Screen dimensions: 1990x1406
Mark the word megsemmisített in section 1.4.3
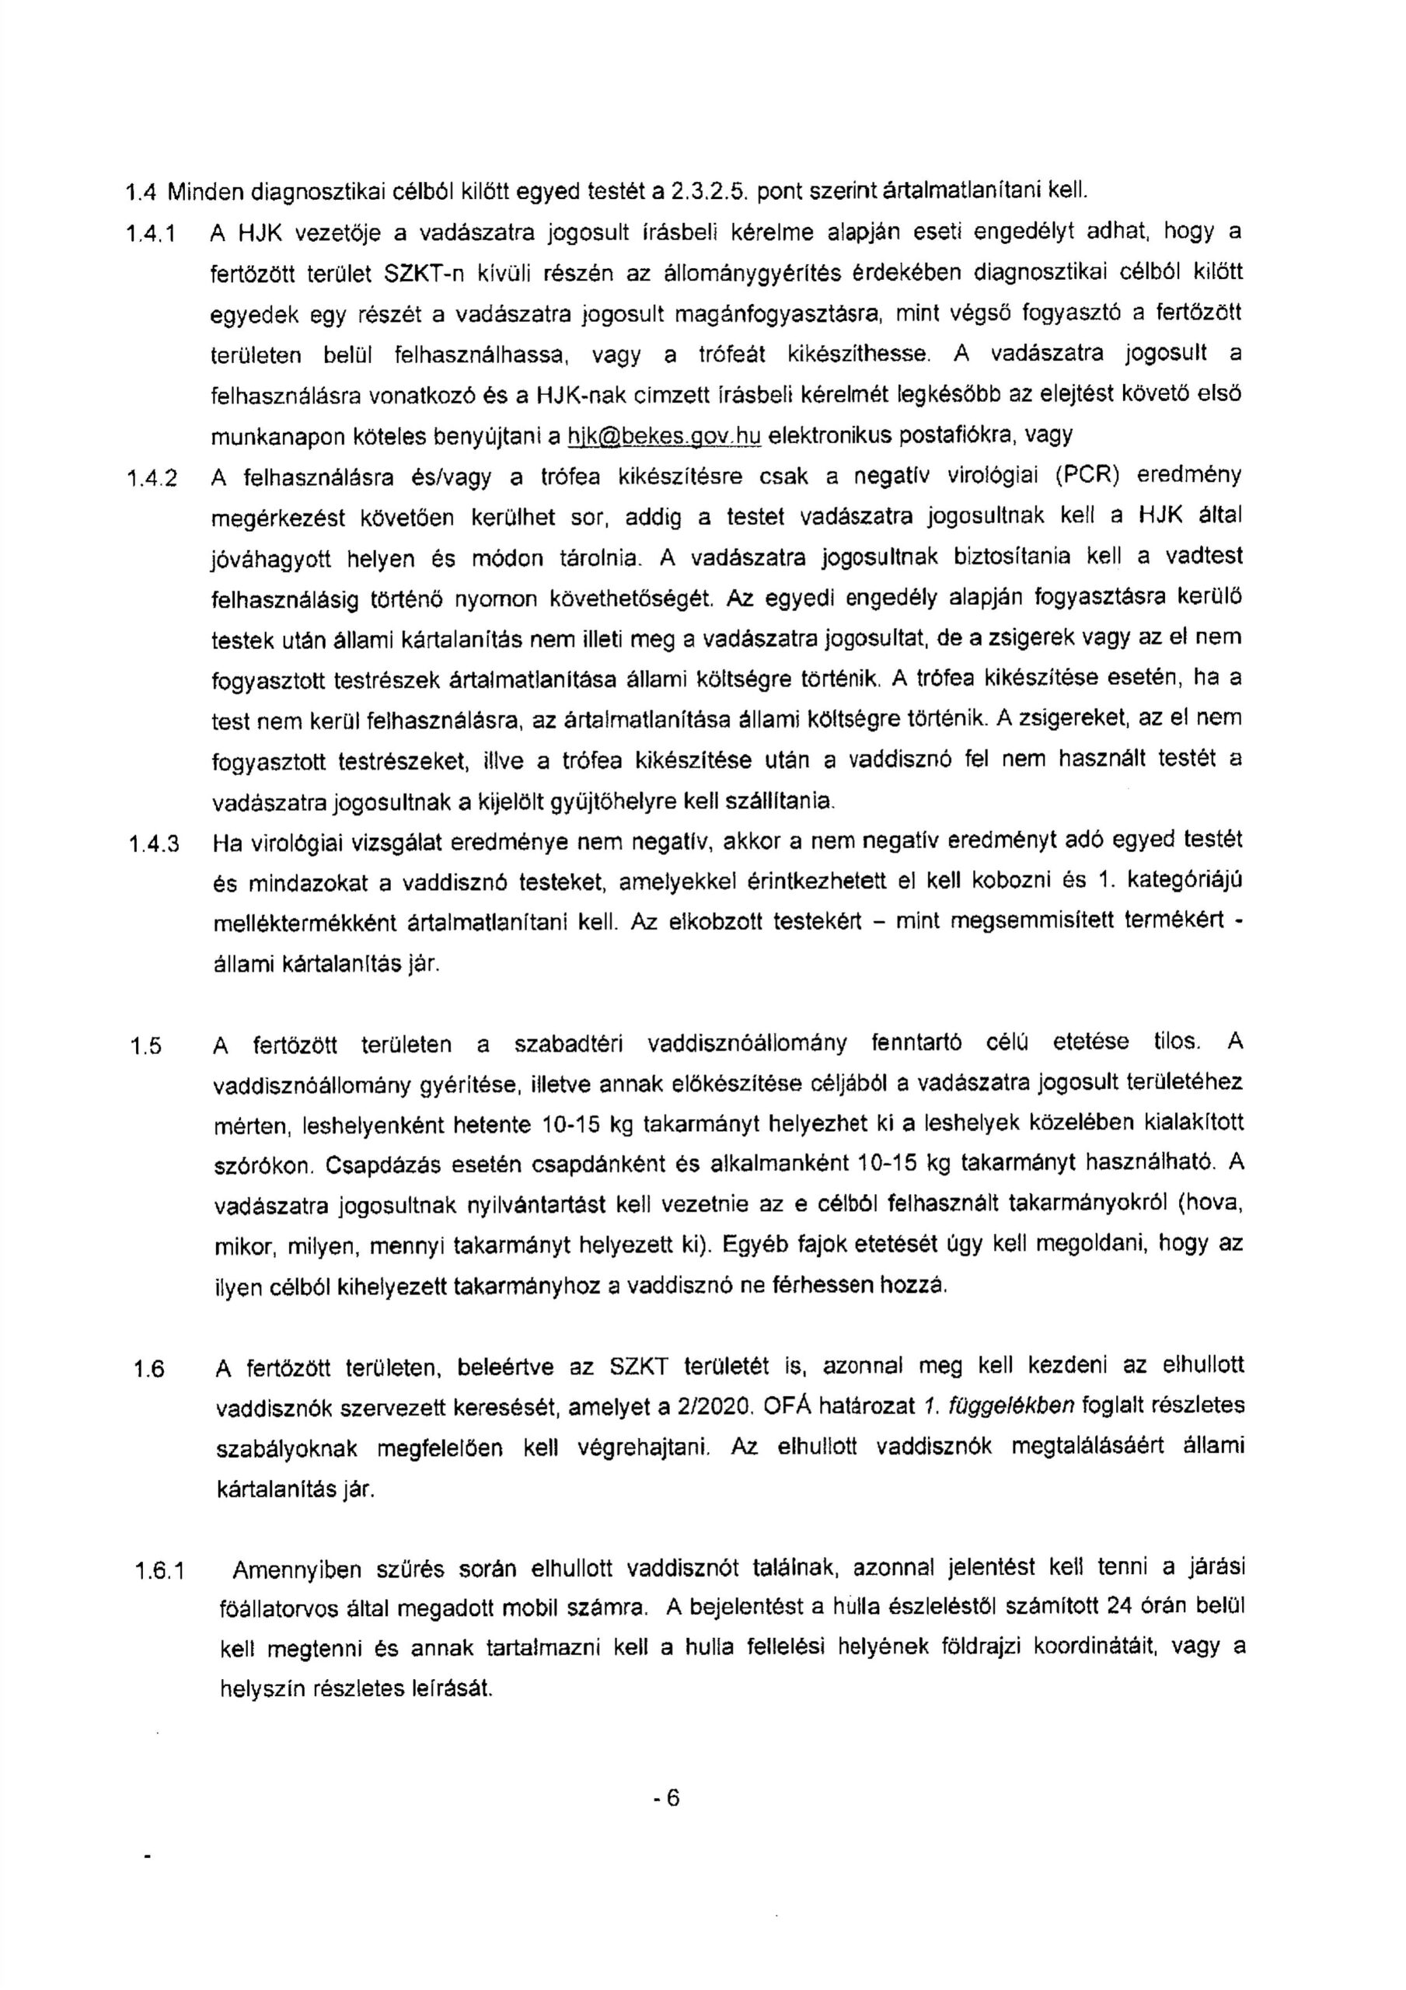click(1023, 921)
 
